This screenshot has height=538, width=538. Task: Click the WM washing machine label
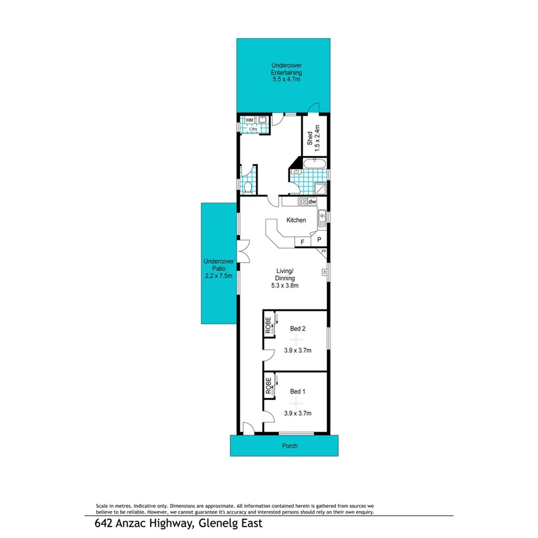249,120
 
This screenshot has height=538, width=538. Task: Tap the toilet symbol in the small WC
248,188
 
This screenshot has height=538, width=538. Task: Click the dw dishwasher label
312,201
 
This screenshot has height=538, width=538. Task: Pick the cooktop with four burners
302,201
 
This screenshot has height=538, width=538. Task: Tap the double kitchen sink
321,219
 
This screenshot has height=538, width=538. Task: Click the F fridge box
302,242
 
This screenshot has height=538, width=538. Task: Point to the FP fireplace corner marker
323,252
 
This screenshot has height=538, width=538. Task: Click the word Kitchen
296,221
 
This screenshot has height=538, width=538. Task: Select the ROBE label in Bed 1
268,385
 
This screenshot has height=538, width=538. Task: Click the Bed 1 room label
297,391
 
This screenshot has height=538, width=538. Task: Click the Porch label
290,446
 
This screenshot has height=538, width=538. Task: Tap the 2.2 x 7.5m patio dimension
218,276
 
